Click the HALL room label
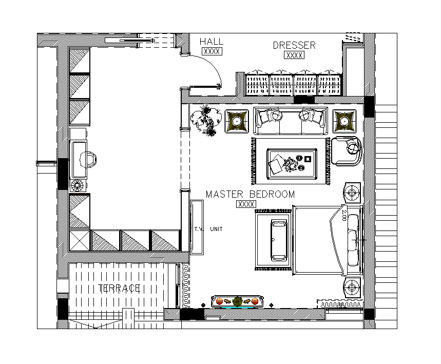pos(212,42)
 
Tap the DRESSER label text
pos(294,45)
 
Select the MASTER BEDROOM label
pos(250,194)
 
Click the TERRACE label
pos(119,288)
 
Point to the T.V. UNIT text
pos(208,229)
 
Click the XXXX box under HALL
pos(212,51)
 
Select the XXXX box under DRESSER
pos(294,55)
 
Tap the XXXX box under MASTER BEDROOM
pos(246,204)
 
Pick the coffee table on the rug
pos(292,164)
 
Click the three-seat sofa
pos(291,121)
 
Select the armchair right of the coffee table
pos(347,151)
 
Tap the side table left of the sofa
pos(237,121)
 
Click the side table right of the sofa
pos(344,121)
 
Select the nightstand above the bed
pos(352,193)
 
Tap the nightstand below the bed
pos(352,288)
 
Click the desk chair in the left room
pos(88,160)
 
